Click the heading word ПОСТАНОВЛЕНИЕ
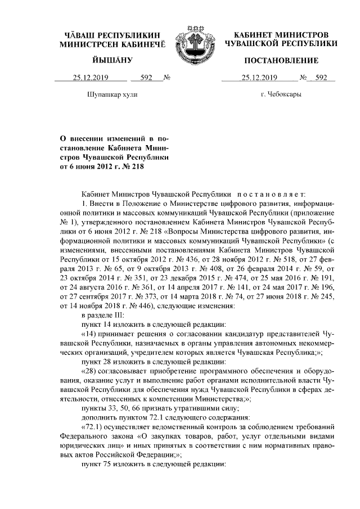(281, 60)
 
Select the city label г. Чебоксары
(281, 94)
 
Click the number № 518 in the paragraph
(303, 262)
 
